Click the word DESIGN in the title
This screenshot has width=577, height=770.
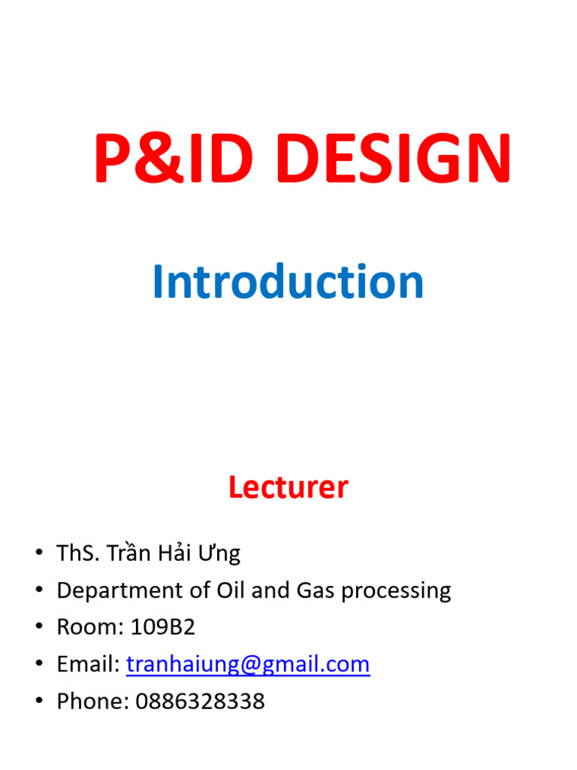pos(394,158)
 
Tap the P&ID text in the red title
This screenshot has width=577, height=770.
pos(174,158)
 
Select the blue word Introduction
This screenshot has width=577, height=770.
pos(288,281)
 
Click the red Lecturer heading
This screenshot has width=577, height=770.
pos(288,487)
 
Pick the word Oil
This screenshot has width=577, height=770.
pos(230,590)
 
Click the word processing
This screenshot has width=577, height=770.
pos(396,591)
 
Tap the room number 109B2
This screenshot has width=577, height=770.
pos(163,627)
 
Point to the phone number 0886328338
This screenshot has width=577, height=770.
pos(200,702)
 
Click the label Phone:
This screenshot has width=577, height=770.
pos(92,702)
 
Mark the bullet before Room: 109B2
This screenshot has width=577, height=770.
pos(39,626)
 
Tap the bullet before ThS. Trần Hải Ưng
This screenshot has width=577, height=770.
pos(39,552)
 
